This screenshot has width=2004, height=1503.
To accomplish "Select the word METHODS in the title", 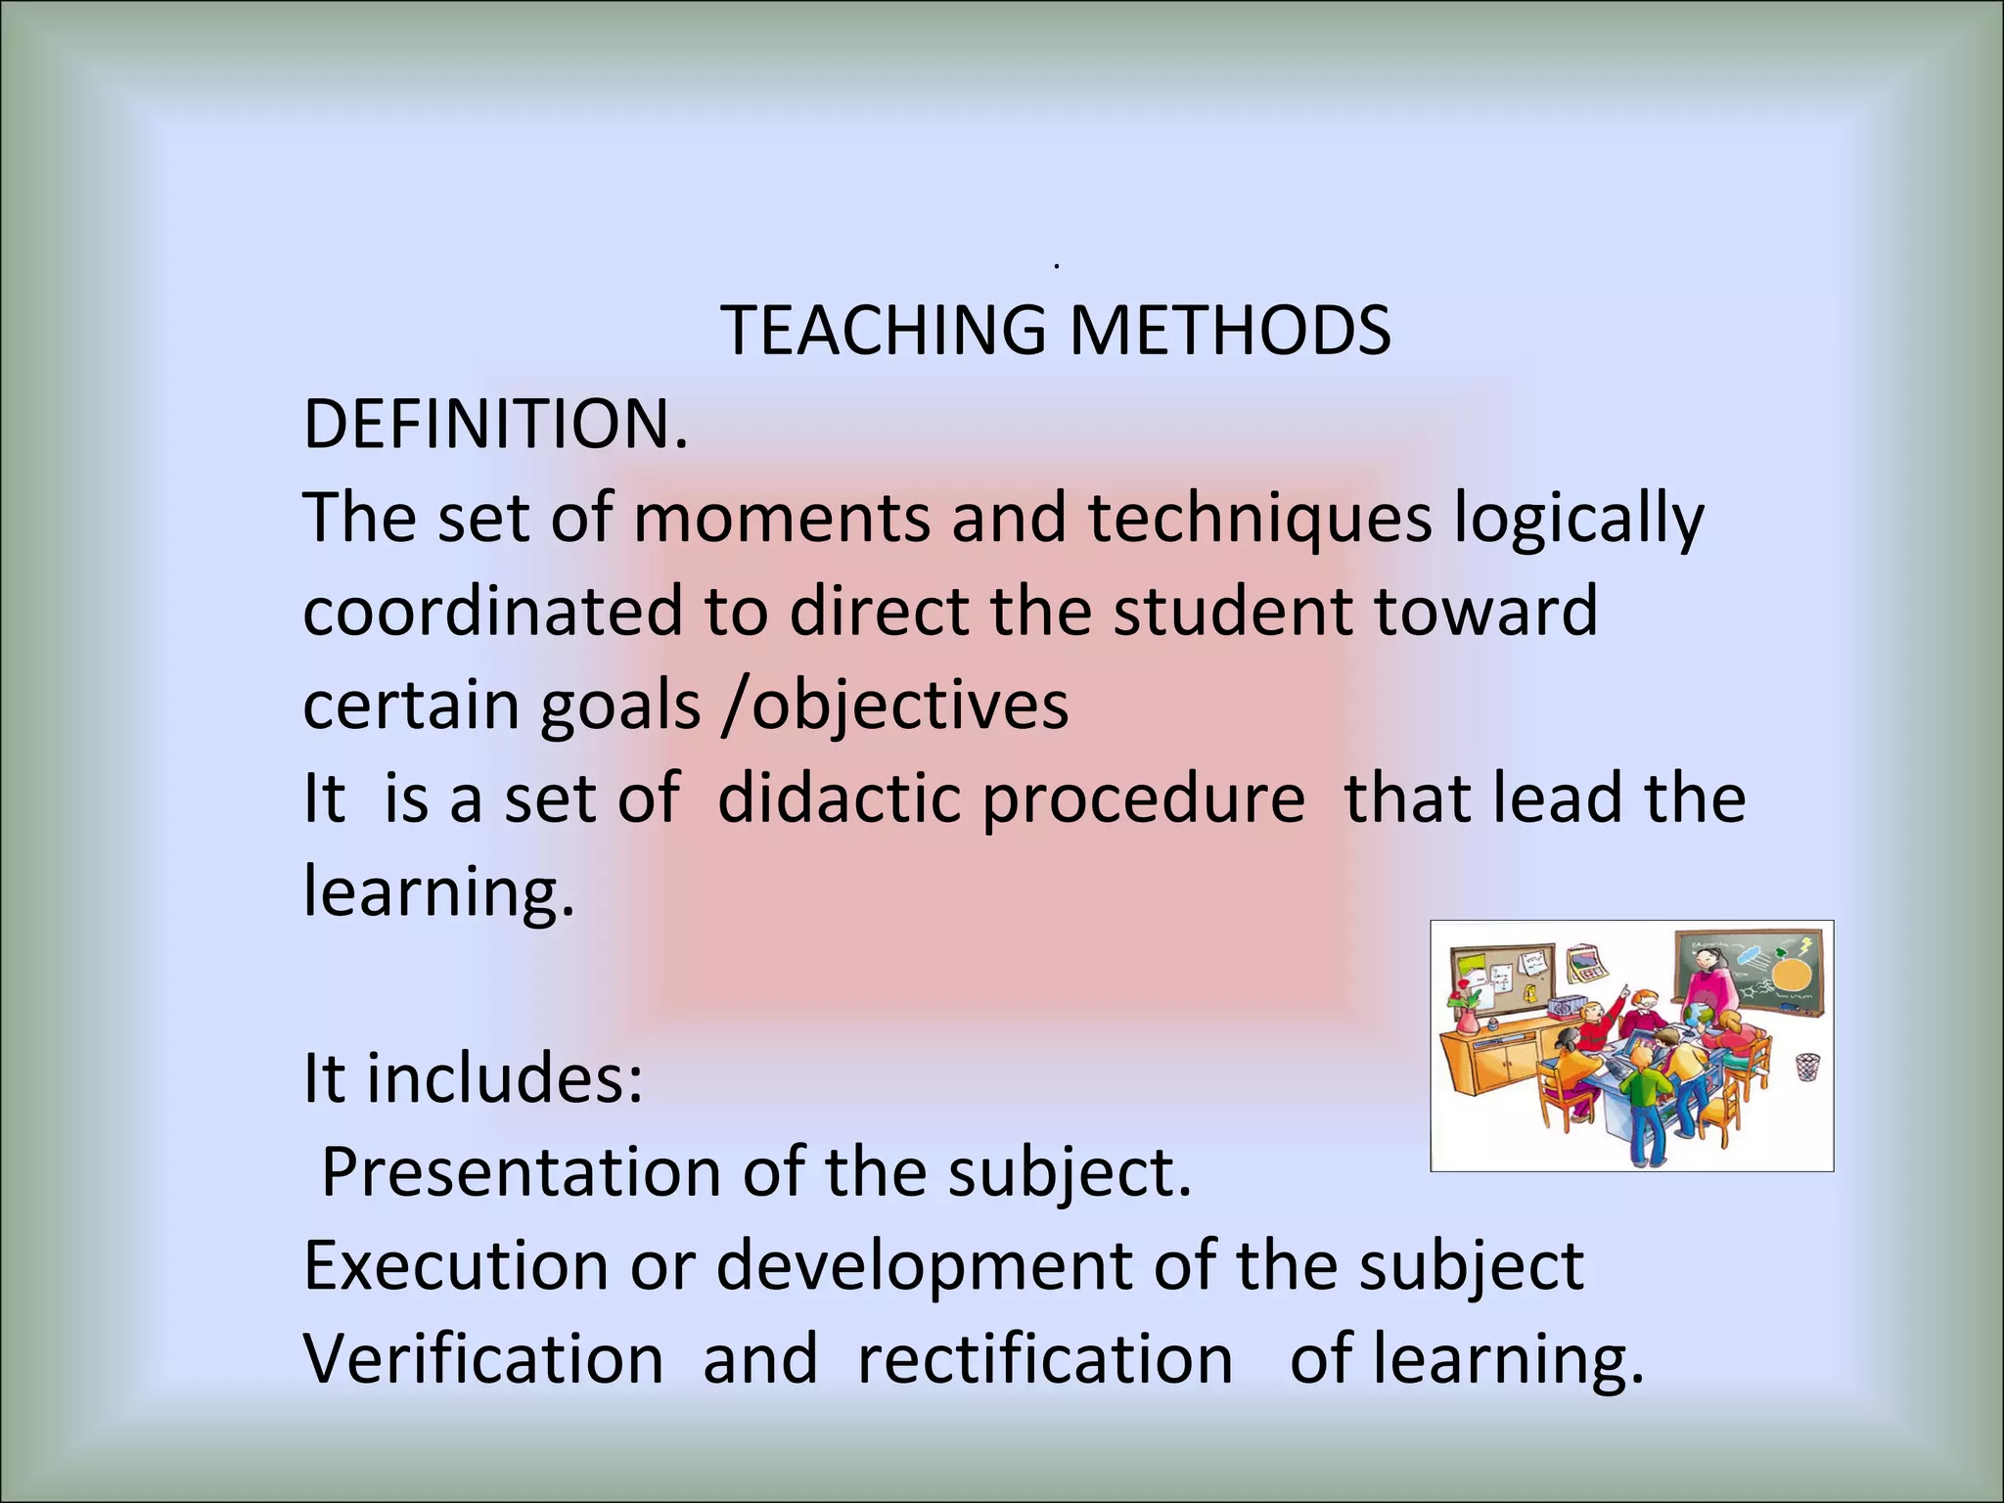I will [x=1229, y=331].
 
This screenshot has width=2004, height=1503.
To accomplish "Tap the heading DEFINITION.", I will [x=495, y=425].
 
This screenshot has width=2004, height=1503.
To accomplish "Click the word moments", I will [x=781, y=518].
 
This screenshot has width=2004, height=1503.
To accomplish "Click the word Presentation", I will [x=521, y=1172].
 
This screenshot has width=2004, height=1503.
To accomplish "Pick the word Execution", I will [x=456, y=1265].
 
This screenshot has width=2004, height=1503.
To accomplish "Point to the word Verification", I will [x=483, y=1359].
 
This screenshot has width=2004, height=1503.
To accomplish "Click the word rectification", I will [x=1045, y=1359].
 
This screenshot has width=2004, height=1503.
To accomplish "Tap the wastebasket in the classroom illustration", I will [x=1807, y=1067].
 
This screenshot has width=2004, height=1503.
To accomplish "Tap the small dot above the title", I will [x=1058, y=265].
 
